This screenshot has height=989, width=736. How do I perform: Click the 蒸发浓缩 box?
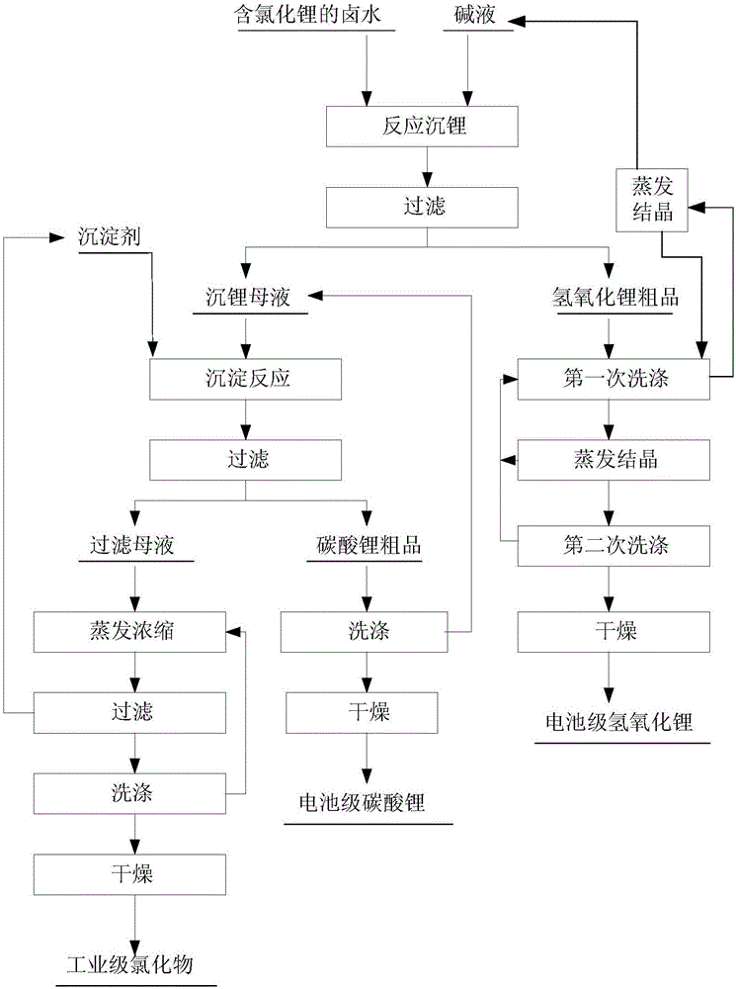(131, 629)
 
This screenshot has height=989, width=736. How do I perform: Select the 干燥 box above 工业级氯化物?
(131, 873)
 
